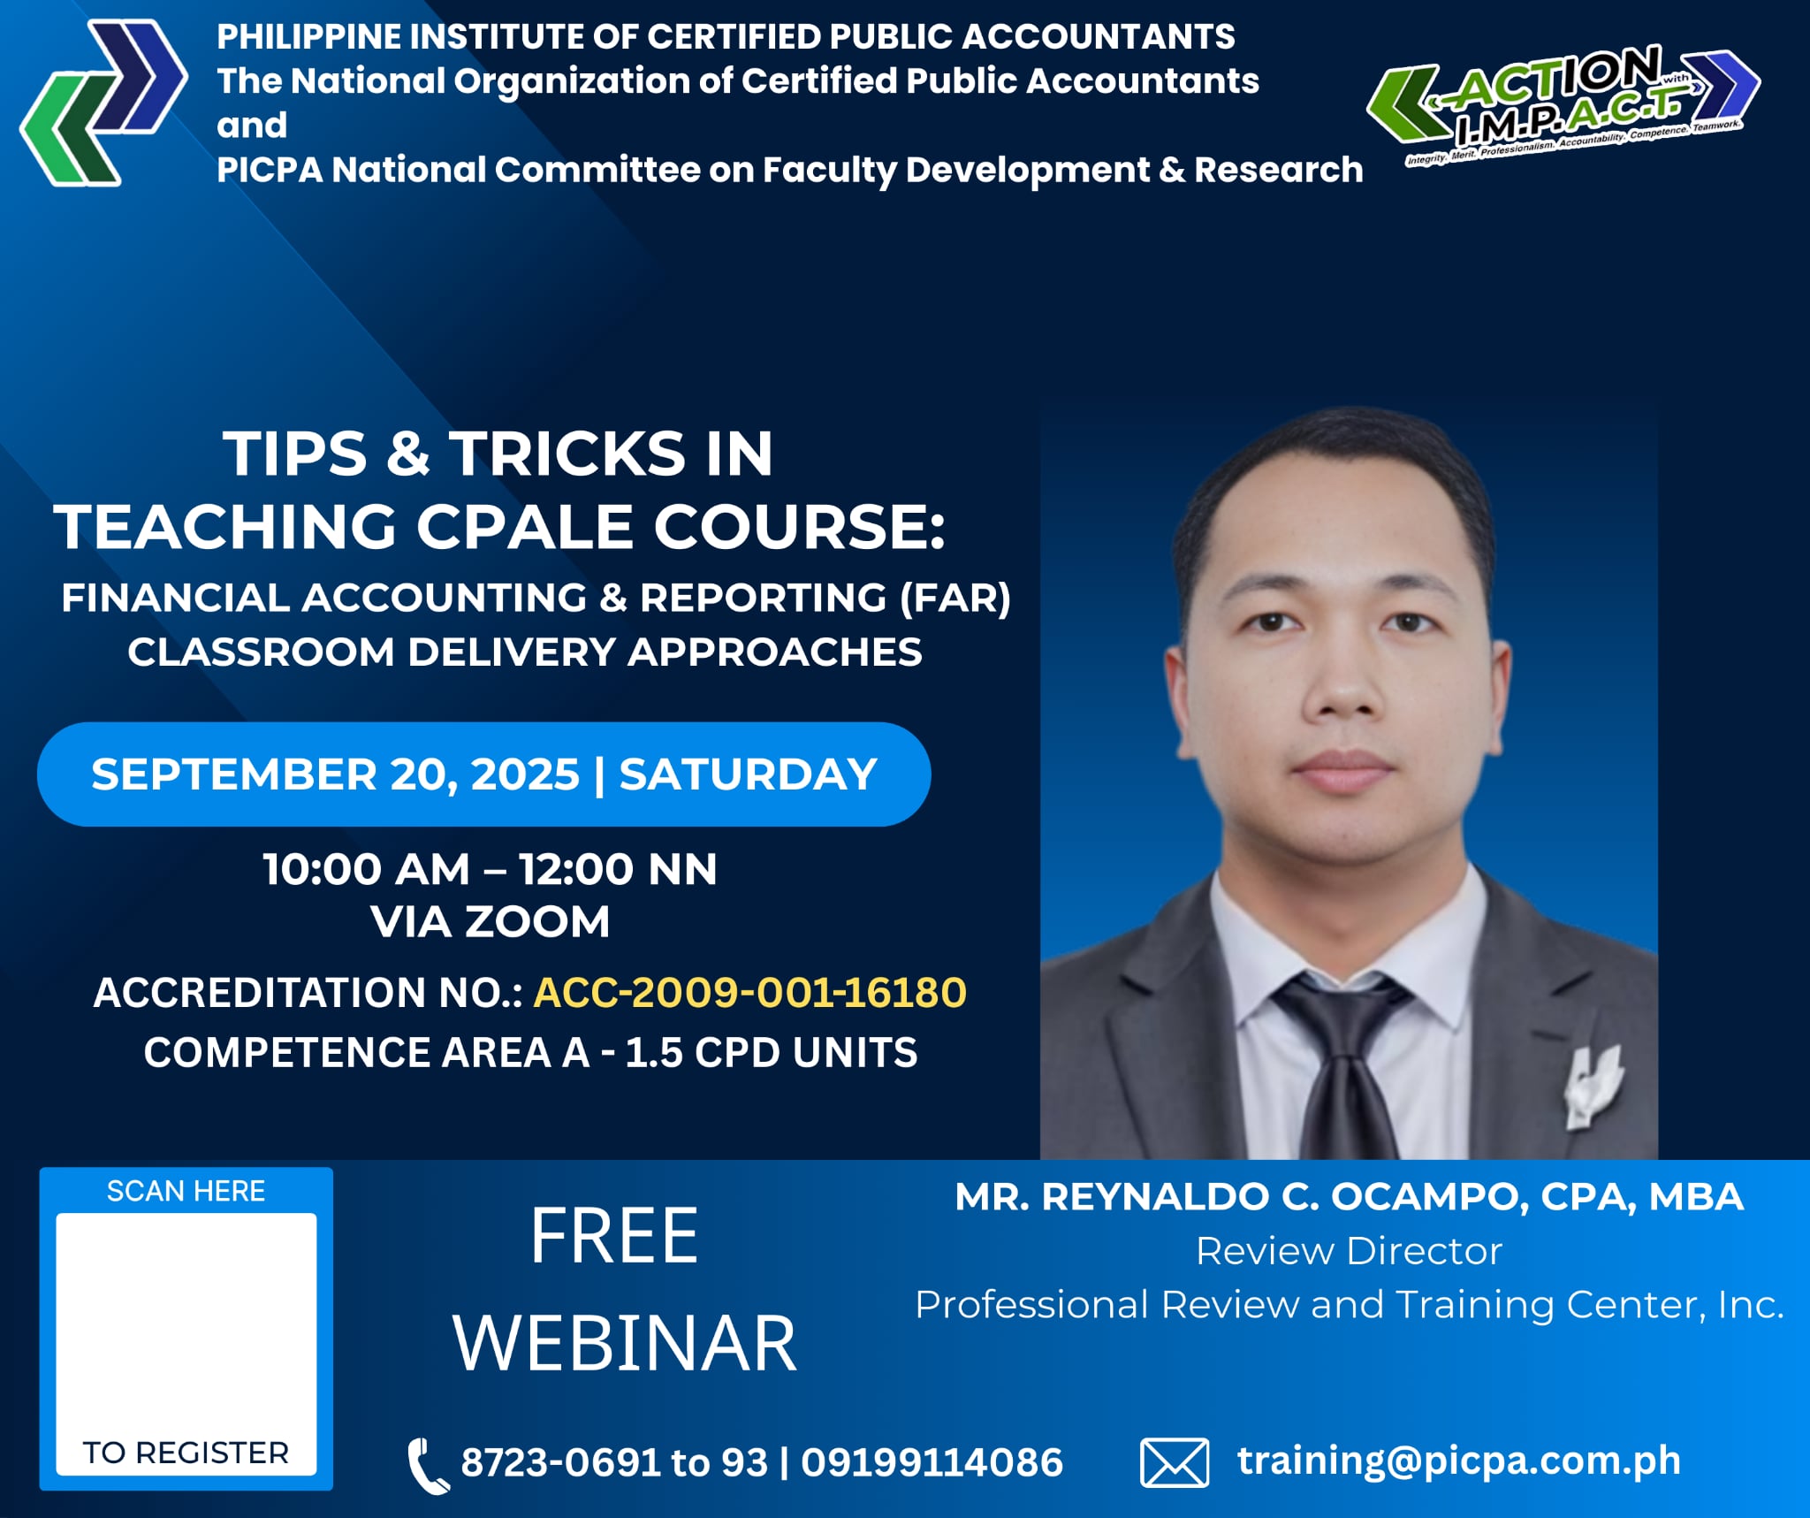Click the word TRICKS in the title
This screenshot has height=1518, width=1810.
(x=567, y=454)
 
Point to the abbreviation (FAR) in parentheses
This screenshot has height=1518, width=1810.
(x=955, y=599)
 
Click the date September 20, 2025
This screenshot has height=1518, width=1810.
(x=335, y=774)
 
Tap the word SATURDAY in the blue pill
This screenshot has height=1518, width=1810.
(x=748, y=774)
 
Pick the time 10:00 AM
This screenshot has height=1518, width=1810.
(x=366, y=869)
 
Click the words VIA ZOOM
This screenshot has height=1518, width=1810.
(x=491, y=922)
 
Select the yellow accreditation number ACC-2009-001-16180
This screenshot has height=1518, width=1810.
(x=749, y=992)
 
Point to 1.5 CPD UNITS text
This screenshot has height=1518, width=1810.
(x=772, y=1053)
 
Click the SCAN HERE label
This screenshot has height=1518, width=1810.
(x=186, y=1191)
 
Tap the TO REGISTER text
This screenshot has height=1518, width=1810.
(x=186, y=1453)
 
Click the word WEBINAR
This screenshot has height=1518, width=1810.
(x=625, y=1343)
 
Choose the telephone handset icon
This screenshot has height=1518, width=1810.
(x=428, y=1465)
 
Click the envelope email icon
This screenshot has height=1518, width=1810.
(x=1175, y=1462)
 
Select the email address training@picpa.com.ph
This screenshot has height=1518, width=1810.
(x=1459, y=1461)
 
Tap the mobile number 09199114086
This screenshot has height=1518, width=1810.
(x=932, y=1462)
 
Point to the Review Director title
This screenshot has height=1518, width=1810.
(x=1349, y=1251)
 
